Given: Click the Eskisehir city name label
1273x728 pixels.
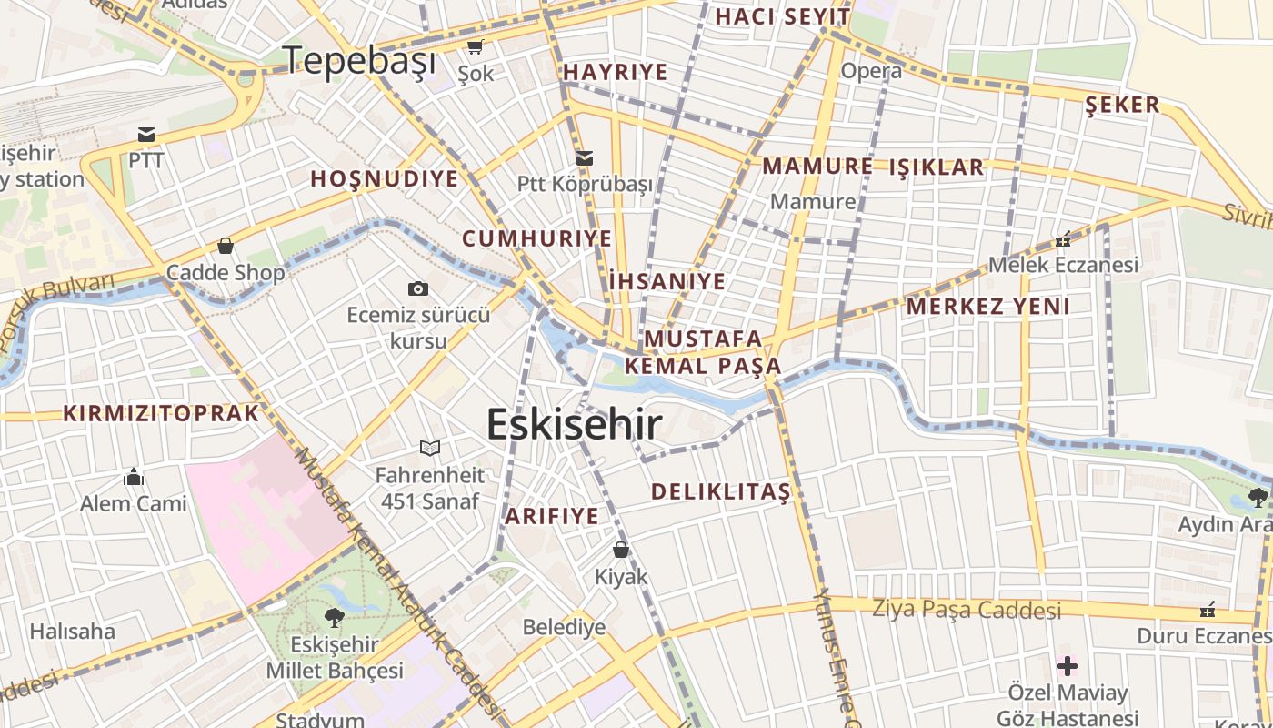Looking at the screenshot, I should [574, 424].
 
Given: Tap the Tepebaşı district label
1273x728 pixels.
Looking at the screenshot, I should [360, 61].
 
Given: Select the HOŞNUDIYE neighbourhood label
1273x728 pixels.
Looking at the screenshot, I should [384, 178].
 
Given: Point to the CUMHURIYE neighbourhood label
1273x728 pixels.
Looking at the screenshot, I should [536, 238].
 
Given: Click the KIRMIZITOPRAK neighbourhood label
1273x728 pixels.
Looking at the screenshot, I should [161, 413].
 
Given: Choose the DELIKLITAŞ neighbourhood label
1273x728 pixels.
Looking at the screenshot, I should [720, 492].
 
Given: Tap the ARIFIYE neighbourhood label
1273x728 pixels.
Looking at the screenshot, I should [552, 516].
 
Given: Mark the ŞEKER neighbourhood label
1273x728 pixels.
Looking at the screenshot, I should [1122, 105].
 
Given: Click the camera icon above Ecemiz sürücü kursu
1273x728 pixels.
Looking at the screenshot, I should [417, 288].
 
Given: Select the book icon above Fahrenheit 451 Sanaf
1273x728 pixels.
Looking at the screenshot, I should [430, 448].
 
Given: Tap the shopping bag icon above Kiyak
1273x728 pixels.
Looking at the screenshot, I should [621, 550].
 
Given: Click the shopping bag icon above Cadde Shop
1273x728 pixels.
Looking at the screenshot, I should [225, 246].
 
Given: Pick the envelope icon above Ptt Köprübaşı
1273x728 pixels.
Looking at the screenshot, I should [585, 157].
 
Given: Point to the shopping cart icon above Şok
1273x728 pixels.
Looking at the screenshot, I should [475, 46].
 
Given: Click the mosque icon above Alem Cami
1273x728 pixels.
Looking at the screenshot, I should [134, 477].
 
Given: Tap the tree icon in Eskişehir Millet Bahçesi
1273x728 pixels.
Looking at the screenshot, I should [334, 617].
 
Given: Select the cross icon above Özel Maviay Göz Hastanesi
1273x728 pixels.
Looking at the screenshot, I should [1068, 665].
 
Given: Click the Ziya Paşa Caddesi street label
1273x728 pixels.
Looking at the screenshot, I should [967, 609].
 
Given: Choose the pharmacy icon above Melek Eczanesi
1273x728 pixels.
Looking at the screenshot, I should [1062, 239].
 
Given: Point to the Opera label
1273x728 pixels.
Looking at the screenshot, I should [871, 71].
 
